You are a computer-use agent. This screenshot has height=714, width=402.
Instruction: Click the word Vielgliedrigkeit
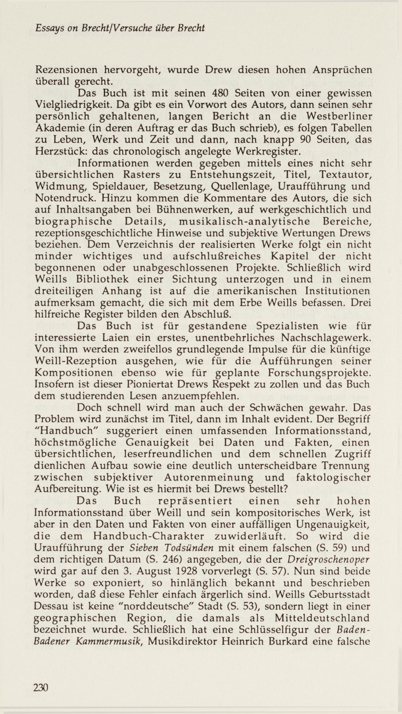tap(74, 105)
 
